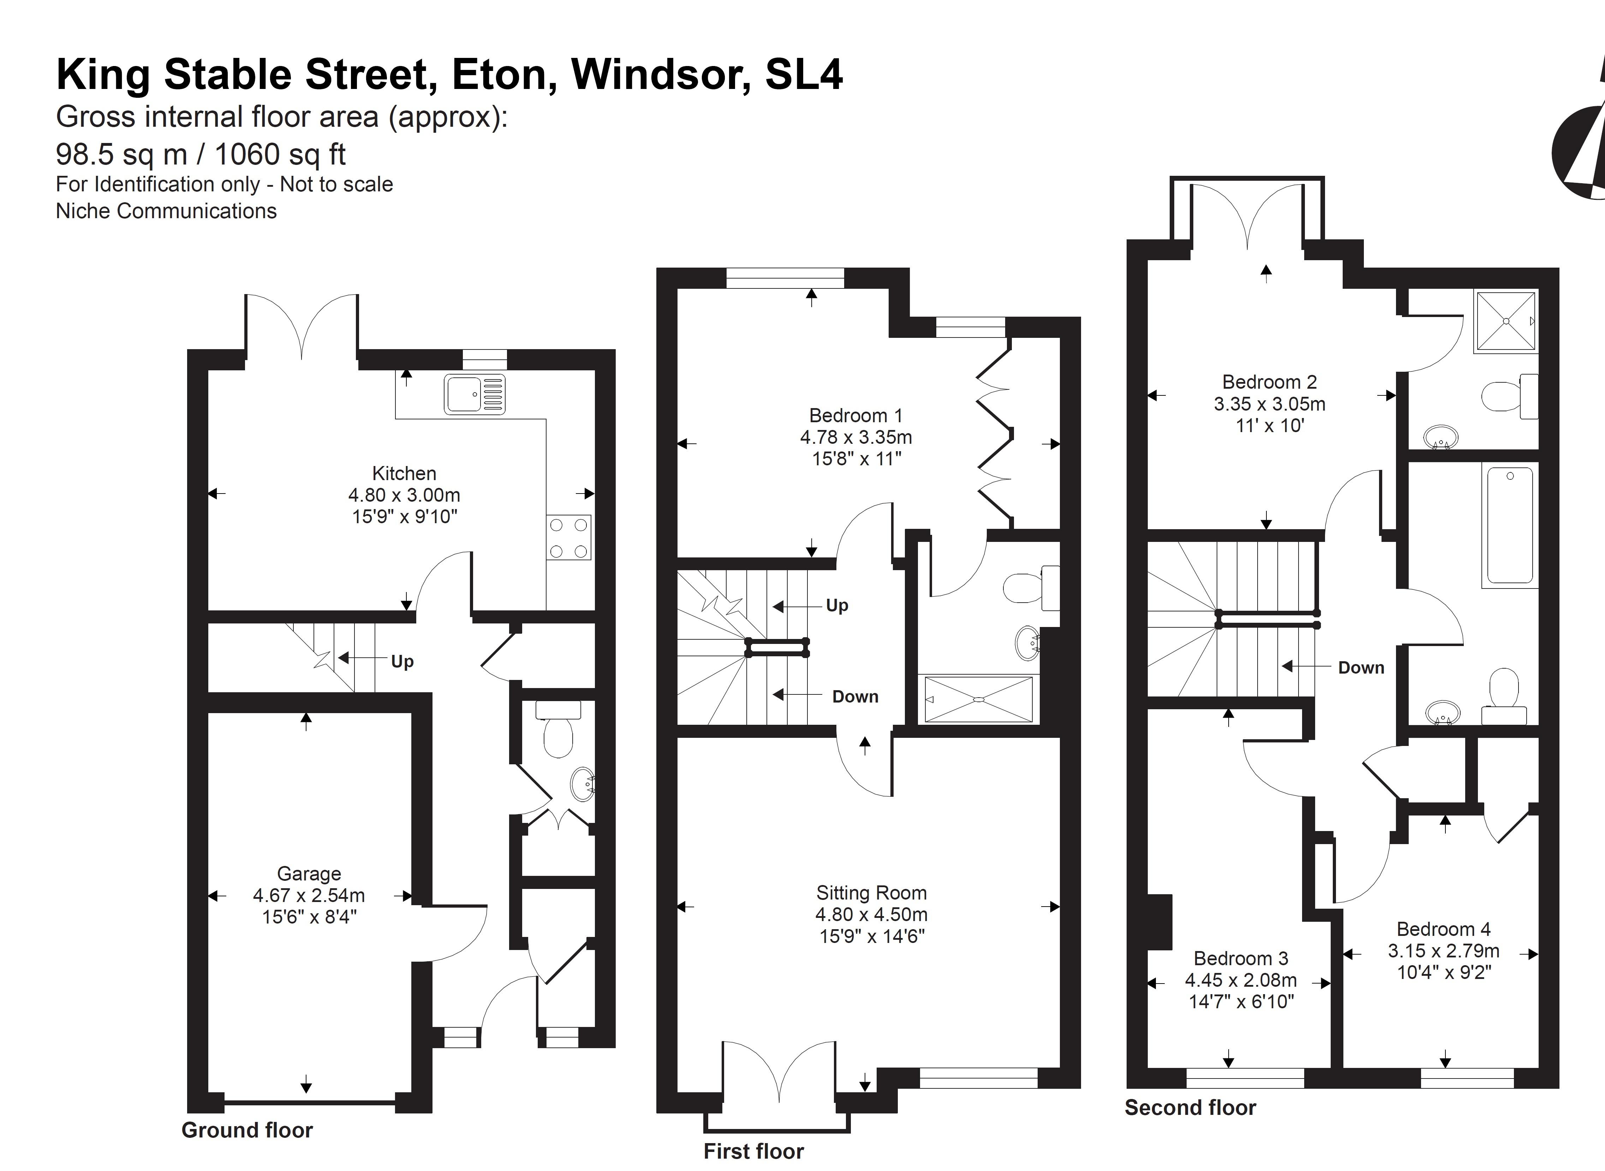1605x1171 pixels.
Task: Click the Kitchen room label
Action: (404, 473)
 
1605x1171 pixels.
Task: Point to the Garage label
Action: (309, 874)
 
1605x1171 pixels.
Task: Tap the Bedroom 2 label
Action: (1270, 382)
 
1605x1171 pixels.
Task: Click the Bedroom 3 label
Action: (1241, 958)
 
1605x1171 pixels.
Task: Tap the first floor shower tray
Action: (978, 700)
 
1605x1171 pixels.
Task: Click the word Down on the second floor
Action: (1361, 668)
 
